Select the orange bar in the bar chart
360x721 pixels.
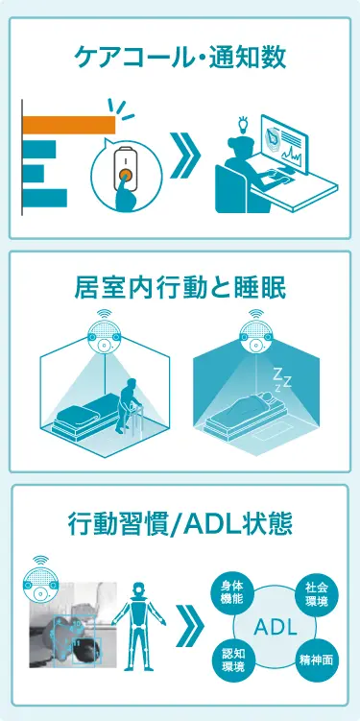coord(68,125)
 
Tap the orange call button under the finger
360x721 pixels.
coord(125,176)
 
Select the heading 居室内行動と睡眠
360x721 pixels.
coord(180,287)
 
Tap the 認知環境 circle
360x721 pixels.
coord(231,660)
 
